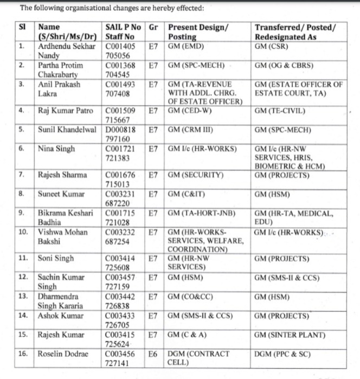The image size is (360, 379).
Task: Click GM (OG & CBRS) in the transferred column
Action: coord(284,66)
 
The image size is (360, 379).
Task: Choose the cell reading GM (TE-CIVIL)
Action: coord(280,111)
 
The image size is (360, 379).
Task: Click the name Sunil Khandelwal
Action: coord(68,130)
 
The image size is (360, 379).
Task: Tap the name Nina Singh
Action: coord(56,147)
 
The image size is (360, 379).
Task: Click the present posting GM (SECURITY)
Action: coord(196,175)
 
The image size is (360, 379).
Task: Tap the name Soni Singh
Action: coord(56,259)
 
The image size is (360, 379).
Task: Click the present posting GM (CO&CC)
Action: coord(191,297)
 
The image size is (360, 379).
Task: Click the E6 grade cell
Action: coord(154,354)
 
